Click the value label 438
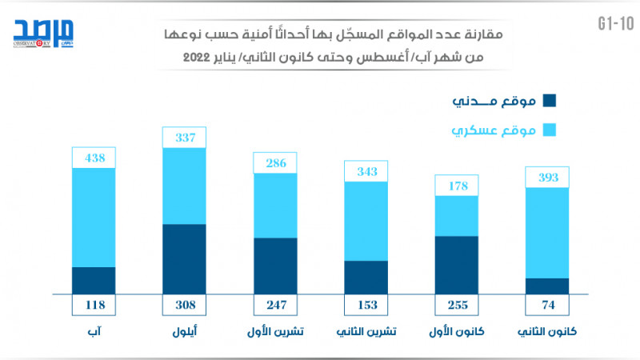click(x=94, y=158)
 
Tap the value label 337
click(x=184, y=137)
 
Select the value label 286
click(x=275, y=162)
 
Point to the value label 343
click(x=366, y=171)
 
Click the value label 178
click(x=456, y=186)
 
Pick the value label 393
click(x=547, y=177)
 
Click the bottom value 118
click(x=94, y=305)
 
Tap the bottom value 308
click(x=184, y=305)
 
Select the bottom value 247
click(x=275, y=305)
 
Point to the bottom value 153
click(x=366, y=305)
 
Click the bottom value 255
click(x=456, y=305)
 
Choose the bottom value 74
click(x=547, y=305)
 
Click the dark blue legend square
click(x=549, y=101)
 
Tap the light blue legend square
click(x=549, y=129)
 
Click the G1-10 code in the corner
click(x=611, y=23)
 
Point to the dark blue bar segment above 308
click(x=184, y=259)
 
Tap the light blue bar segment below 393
click(x=547, y=232)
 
